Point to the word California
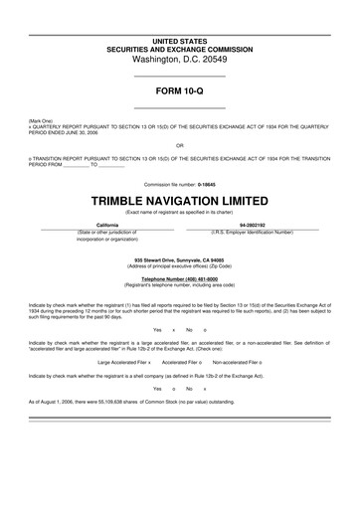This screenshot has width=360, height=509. click(107, 225)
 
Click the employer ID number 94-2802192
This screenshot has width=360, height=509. click(252, 225)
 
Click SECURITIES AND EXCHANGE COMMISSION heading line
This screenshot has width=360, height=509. click(180, 48)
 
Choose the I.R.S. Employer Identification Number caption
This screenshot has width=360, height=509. click(252, 232)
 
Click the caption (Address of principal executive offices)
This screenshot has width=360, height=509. click(180, 265)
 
